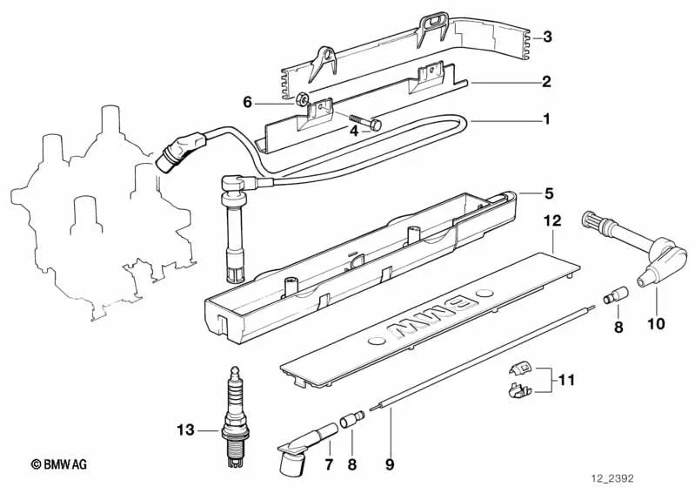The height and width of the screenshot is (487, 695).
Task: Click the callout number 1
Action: (546, 118)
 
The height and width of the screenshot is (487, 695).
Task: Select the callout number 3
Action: (546, 37)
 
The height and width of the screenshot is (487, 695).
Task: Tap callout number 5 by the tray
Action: (548, 193)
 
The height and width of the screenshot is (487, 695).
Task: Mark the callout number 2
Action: (546, 83)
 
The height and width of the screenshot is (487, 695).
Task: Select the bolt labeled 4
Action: (364, 123)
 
